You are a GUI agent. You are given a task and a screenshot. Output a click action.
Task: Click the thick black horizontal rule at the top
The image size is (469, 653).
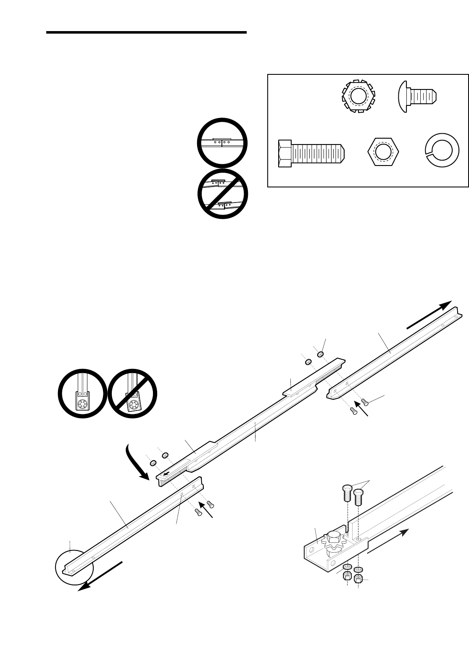click(146, 32)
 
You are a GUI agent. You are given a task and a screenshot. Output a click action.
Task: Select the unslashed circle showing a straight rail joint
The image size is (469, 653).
click(222, 142)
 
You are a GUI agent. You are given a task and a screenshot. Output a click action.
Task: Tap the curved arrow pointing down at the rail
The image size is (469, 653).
click(136, 463)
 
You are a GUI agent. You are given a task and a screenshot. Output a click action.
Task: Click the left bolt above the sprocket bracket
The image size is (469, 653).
click(345, 493)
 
